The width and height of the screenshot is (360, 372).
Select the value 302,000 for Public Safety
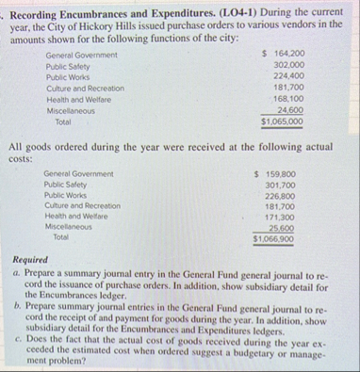point(286,69)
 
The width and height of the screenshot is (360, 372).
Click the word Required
point(31,259)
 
